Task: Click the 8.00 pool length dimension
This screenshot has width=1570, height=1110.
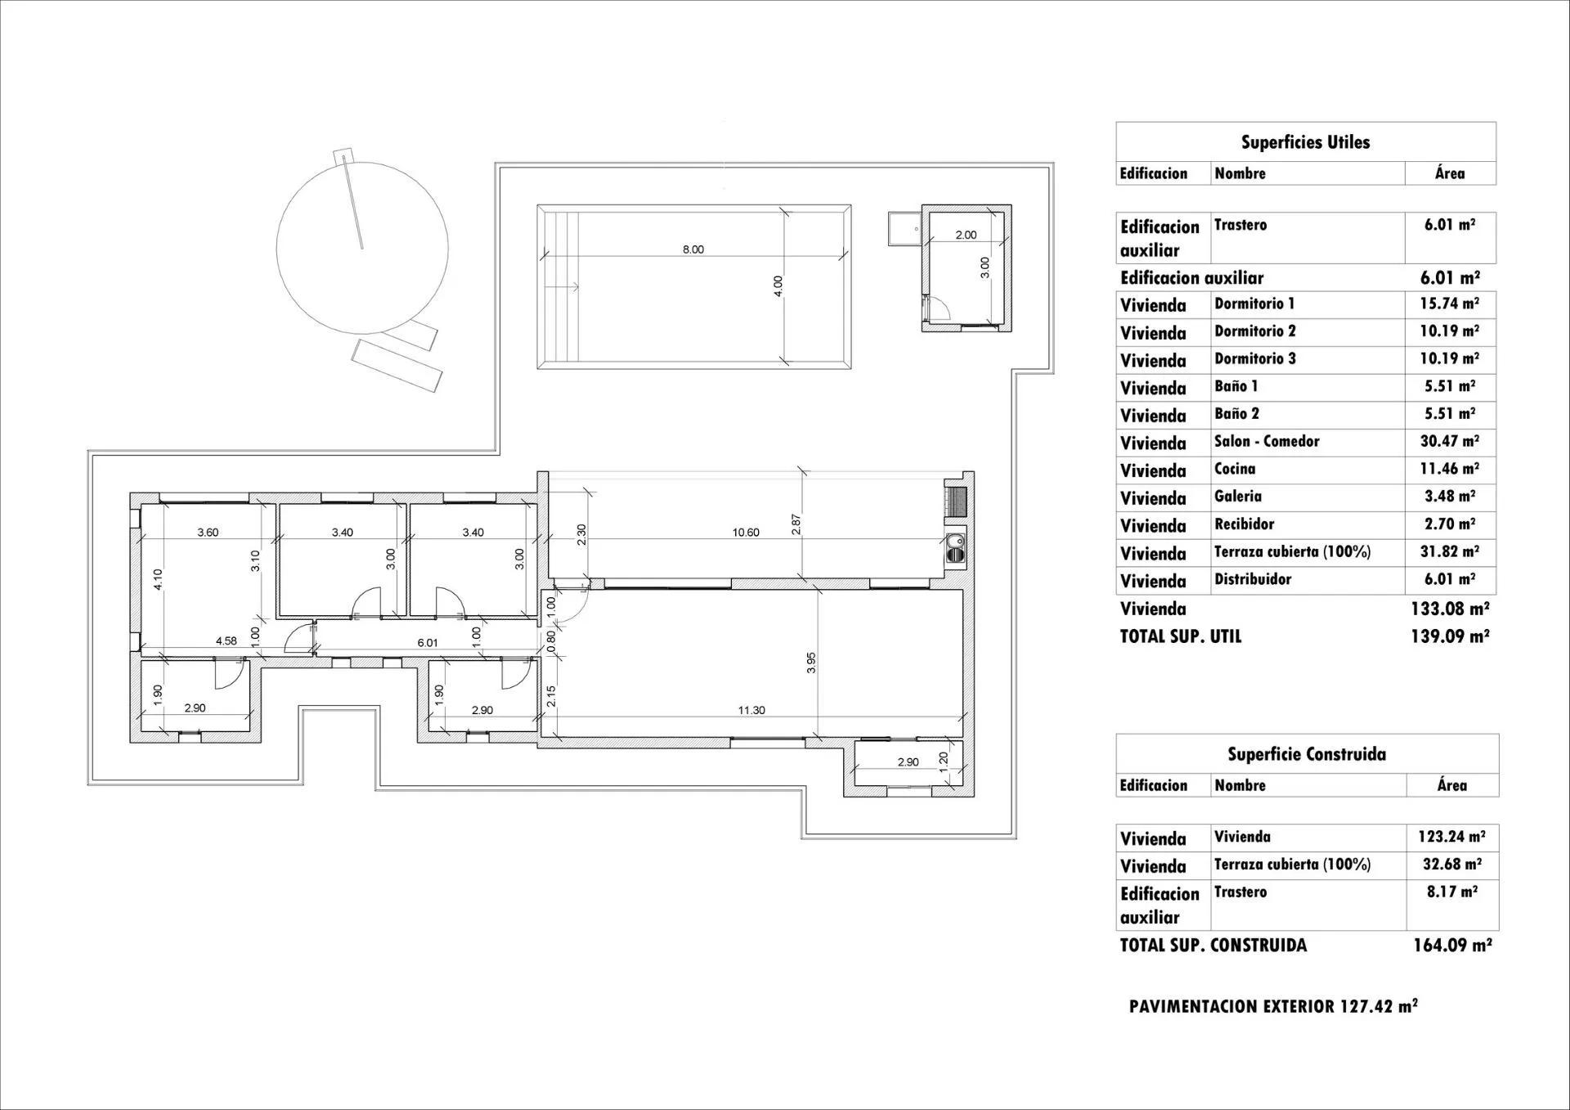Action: tap(693, 249)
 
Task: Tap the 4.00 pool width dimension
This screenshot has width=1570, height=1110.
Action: tap(778, 285)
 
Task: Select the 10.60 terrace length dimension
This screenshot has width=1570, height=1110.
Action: tap(746, 533)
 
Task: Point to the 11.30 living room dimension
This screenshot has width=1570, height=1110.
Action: tap(751, 710)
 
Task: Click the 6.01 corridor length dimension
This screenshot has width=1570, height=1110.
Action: tap(428, 643)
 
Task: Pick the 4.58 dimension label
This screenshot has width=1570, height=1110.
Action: tap(227, 641)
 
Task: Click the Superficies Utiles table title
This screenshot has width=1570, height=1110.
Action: tap(1305, 142)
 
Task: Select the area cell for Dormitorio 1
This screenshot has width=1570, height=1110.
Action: tap(1449, 303)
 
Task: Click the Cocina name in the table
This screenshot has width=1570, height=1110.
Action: tap(1235, 469)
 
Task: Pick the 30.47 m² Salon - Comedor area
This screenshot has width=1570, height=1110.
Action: tap(1449, 441)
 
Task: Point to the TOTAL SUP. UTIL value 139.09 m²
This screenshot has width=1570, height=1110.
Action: tap(1449, 636)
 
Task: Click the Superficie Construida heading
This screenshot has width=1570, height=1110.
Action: tap(1306, 754)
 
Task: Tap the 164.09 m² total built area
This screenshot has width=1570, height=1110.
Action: tap(1452, 946)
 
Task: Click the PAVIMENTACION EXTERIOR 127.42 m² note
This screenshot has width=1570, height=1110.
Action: tap(1273, 1007)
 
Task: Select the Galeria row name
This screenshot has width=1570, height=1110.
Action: tap(1238, 497)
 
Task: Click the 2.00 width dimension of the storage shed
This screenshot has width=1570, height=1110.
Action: tap(966, 235)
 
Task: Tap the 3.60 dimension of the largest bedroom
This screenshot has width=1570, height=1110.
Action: tap(208, 533)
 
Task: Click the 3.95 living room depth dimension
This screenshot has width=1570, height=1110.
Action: tap(811, 663)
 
